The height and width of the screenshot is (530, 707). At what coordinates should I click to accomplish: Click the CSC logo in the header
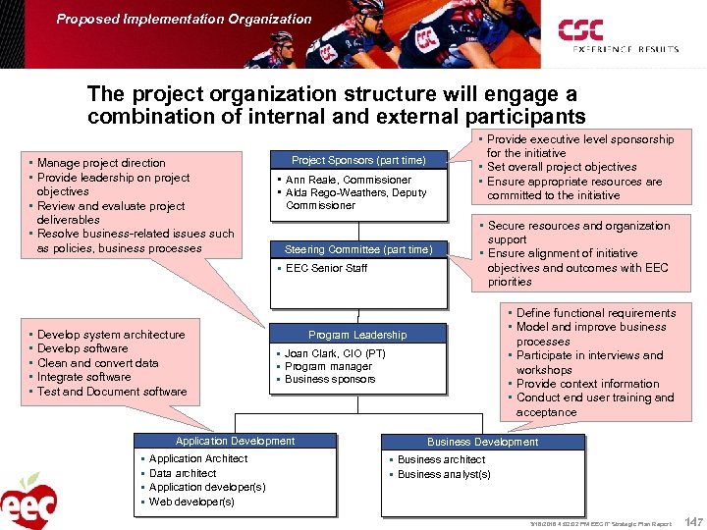pos(580,29)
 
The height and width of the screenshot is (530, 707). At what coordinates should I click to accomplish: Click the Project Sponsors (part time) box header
pos(358,160)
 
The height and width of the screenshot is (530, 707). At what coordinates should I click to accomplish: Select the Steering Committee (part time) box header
pos(357,249)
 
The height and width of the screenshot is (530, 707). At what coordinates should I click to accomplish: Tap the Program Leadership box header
pos(357,335)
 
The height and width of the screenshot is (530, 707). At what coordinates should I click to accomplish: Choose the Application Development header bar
pos(235,441)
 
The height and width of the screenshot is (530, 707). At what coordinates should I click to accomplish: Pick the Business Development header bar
pos(482,442)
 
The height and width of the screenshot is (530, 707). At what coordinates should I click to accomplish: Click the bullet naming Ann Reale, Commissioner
pos(348,180)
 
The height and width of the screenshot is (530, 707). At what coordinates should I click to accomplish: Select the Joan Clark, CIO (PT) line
pos(335,353)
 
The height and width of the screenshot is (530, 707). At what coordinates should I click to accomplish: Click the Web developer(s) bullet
pos(191,502)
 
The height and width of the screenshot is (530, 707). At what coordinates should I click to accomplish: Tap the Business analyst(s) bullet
pos(444,474)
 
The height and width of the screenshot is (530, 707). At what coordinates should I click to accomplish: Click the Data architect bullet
pos(183,473)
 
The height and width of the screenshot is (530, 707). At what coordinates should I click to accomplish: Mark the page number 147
pos(693,521)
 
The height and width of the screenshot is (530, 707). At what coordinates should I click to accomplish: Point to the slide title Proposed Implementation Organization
pos(184,19)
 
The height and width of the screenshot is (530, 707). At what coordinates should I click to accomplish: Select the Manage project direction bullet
pos(101,163)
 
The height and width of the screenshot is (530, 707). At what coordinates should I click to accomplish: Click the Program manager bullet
pos(328,366)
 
